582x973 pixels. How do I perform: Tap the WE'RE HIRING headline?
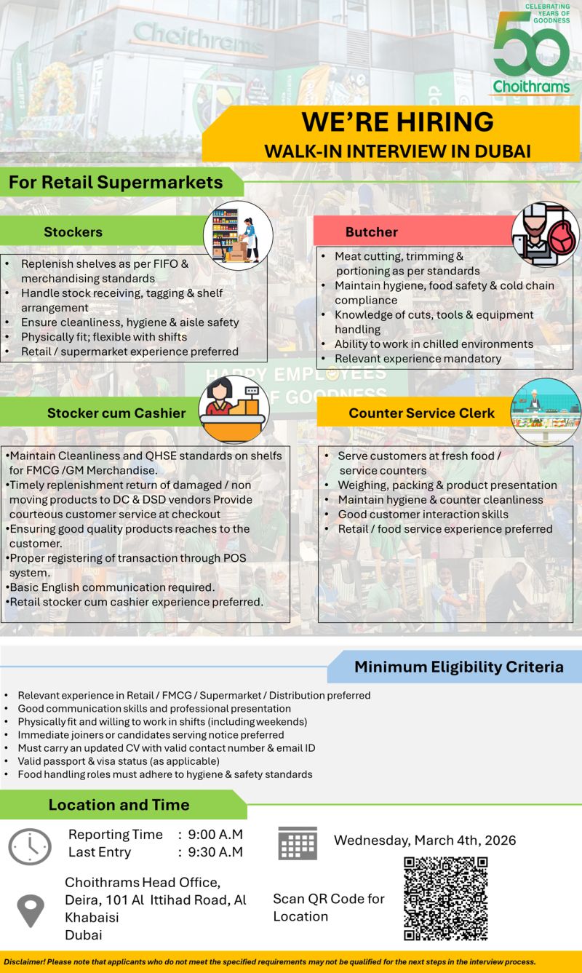[397, 121]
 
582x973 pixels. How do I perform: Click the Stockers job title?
[73, 232]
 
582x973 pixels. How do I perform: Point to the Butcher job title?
[371, 232]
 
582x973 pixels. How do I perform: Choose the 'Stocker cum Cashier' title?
[116, 413]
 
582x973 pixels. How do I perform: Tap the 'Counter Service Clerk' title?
[421, 413]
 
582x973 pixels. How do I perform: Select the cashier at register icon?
[234, 410]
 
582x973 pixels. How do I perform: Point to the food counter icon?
[546, 412]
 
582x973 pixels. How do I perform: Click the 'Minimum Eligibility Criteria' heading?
[458, 667]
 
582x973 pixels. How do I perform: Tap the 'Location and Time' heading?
[119, 805]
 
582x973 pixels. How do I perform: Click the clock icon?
[30, 846]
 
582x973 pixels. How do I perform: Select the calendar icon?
[298, 843]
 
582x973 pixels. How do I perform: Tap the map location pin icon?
[31, 910]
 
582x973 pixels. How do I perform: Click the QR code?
[445, 898]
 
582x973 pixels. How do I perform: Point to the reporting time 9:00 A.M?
[215, 835]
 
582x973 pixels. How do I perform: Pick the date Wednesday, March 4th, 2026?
[425, 841]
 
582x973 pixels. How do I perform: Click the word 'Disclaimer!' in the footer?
[23, 961]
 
